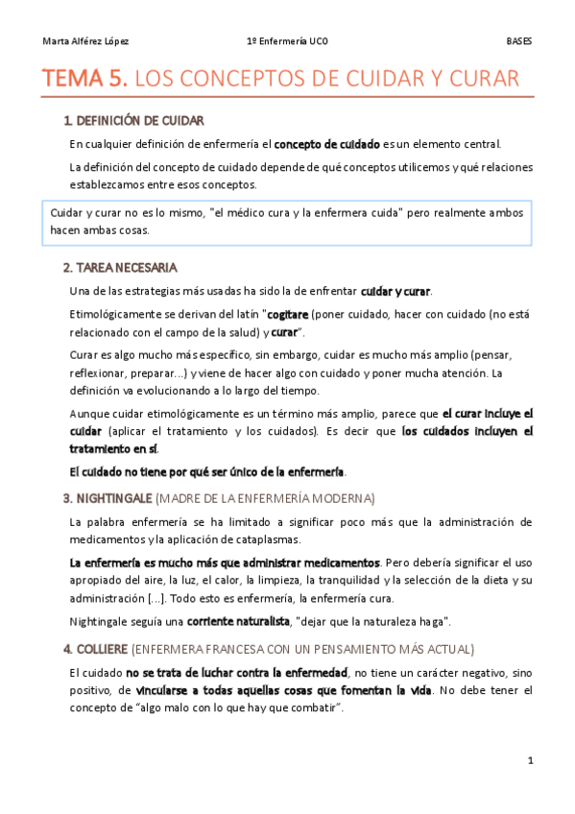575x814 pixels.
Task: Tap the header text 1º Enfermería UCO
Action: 288,42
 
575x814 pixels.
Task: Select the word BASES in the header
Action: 519,42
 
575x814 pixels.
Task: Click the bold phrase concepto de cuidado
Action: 326,145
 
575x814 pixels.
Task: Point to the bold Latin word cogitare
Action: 287,315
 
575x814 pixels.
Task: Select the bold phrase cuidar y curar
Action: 395,291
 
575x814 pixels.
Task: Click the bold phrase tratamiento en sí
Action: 112,448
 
